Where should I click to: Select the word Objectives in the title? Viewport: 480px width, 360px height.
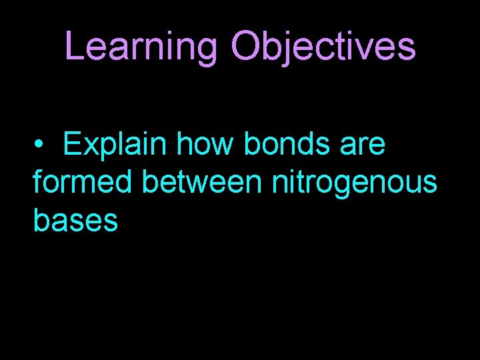[x=323, y=47]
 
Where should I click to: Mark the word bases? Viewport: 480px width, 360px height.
[x=75, y=220]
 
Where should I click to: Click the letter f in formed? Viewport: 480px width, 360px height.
[x=38, y=181]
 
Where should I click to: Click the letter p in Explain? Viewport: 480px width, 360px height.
[x=107, y=148]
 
